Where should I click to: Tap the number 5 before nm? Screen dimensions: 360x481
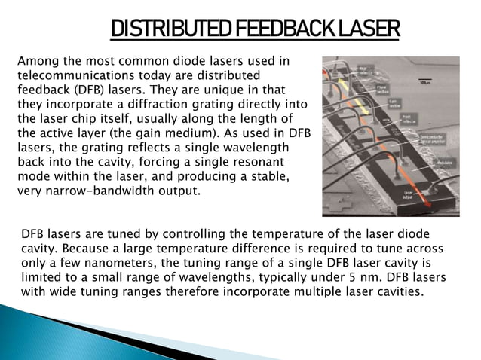click(x=358, y=279)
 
